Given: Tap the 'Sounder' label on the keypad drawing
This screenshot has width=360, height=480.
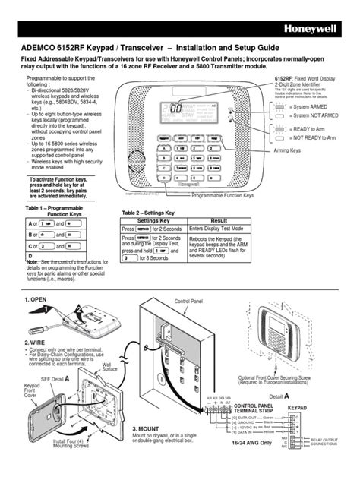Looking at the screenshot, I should [x=136, y=162].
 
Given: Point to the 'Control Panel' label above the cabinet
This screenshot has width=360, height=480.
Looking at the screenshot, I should [x=191, y=302].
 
